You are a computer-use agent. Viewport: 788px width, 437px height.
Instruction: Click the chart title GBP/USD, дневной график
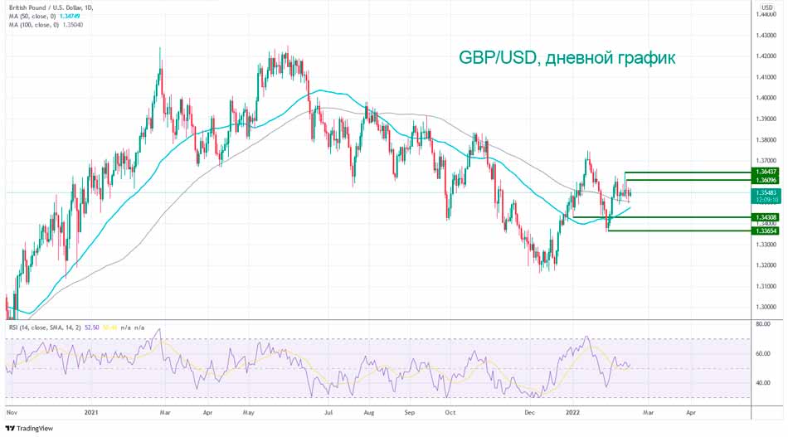567,58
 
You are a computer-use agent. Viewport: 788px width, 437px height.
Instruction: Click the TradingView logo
30,428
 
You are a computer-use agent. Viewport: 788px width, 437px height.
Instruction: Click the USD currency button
766,7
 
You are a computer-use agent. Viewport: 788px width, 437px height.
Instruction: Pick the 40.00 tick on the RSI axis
761,382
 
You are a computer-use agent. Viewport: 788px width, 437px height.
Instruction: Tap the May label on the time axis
248,410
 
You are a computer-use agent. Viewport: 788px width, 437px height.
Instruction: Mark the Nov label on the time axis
12,410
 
